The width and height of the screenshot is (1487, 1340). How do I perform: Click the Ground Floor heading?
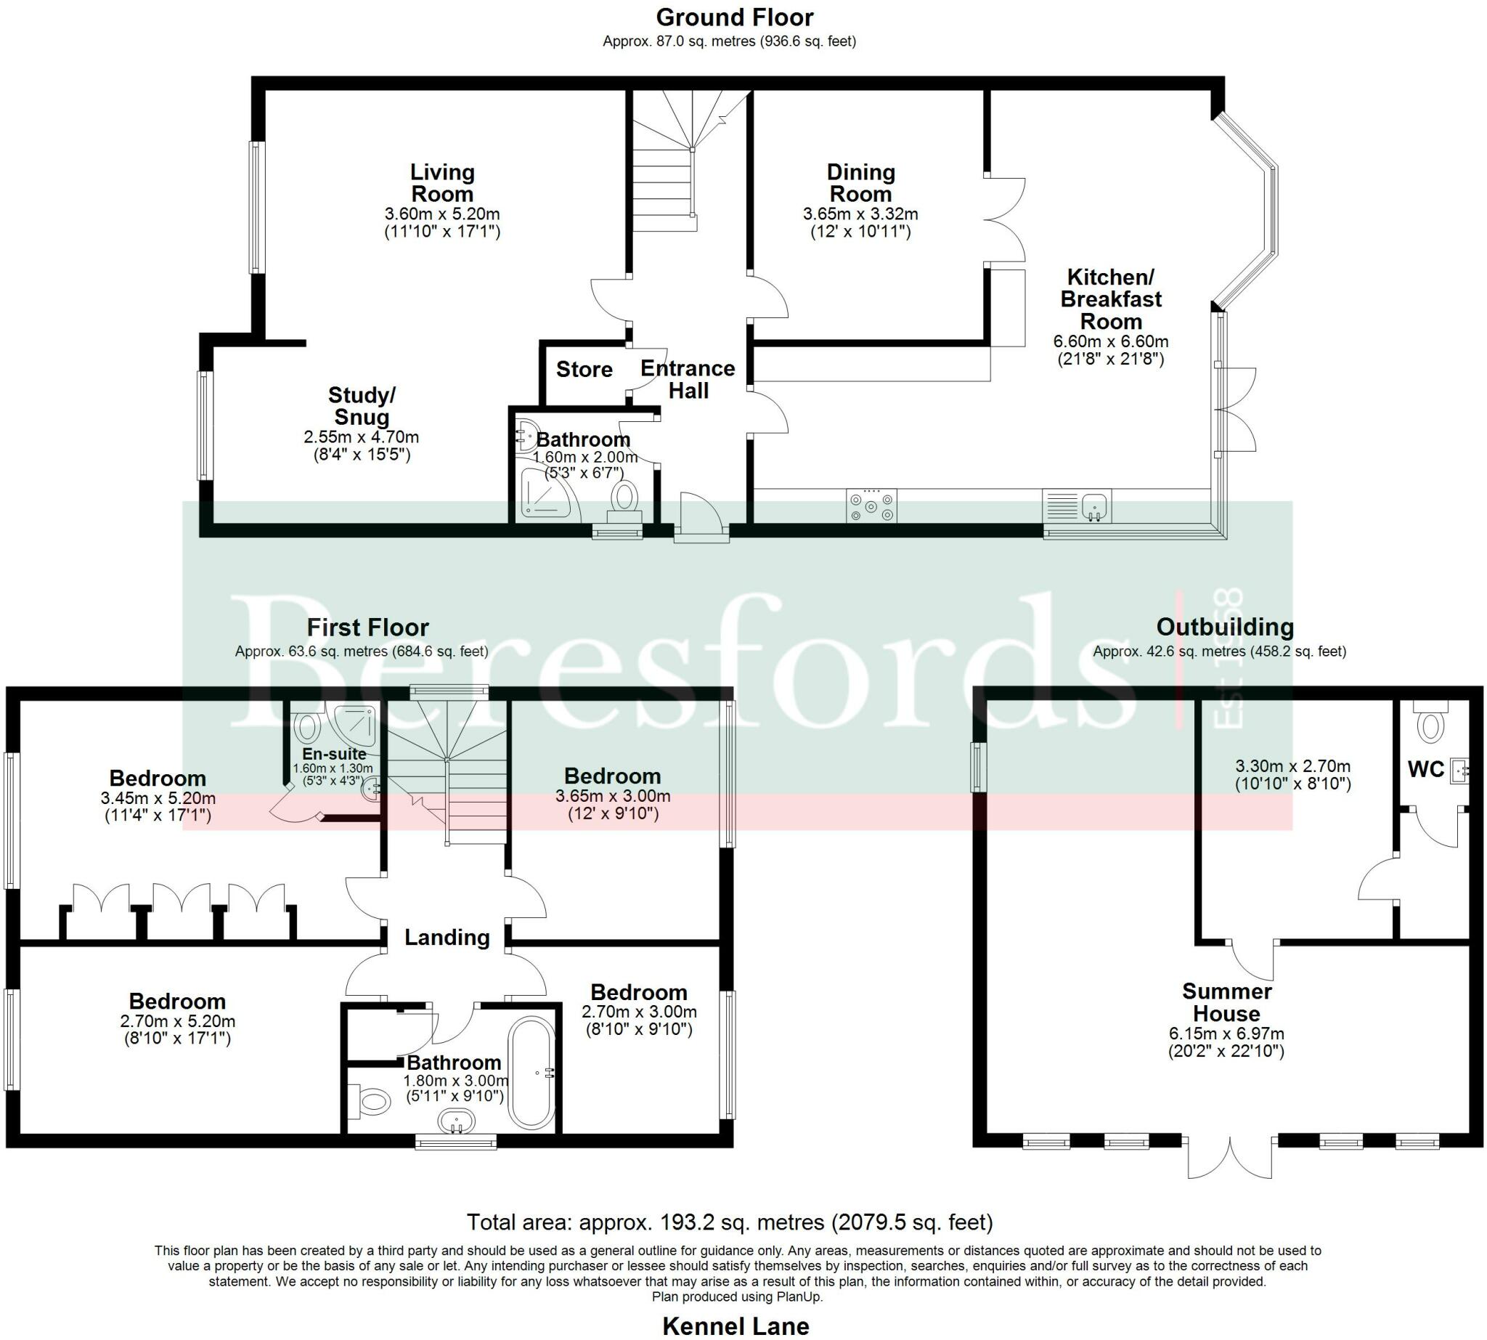pyautogui.click(x=734, y=17)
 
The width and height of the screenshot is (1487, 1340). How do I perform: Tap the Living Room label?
pyautogui.click(x=441, y=183)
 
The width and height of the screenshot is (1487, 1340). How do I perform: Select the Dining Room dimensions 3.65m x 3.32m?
pyautogui.click(x=860, y=214)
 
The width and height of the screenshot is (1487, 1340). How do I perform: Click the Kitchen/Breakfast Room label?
pyautogui.click(x=1110, y=299)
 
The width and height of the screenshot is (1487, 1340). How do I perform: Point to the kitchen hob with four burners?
pyautogui.click(x=871, y=506)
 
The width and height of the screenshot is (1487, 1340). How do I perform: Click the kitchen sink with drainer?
pyautogui.click(x=1077, y=506)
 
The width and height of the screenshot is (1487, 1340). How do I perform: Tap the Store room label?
pyautogui.click(x=584, y=369)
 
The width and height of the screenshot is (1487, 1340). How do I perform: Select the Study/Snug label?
pyautogui.click(x=362, y=406)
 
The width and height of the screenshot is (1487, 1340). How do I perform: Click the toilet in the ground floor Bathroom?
pyautogui.click(x=625, y=498)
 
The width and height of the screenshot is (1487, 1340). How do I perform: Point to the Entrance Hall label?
pyautogui.click(x=688, y=379)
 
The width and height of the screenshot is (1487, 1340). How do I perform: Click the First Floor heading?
pyautogui.click(x=367, y=628)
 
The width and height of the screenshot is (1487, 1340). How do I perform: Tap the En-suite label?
pyautogui.click(x=334, y=754)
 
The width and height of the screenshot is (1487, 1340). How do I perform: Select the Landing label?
pyautogui.click(x=447, y=937)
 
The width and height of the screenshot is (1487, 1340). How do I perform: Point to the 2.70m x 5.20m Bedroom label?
pyautogui.click(x=177, y=1002)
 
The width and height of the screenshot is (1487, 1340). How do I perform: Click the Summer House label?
pyautogui.click(x=1226, y=1002)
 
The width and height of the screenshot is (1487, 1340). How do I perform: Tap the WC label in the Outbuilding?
pyautogui.click(x=1425, y=769)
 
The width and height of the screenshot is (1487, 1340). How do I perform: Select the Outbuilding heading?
pyautogui.click(x=1225, y=628)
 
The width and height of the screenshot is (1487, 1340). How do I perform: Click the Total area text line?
pyautogui.click(x=729, y=1223)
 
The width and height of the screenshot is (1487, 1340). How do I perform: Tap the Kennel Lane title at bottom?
pyautogui.click(x=736, y=1326)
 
